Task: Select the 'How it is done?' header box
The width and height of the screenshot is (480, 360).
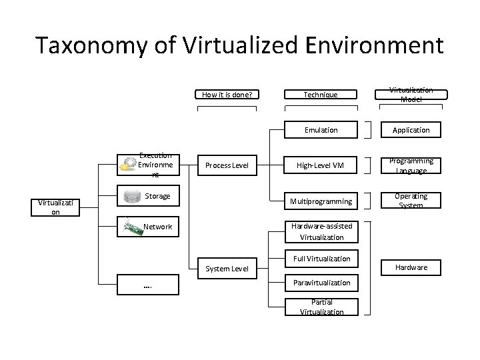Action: click(227, 95)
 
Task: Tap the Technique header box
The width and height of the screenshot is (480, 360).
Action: click(321, 95)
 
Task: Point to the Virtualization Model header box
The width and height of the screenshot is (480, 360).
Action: click(411, 95)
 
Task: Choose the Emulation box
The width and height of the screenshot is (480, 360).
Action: click(321, 130)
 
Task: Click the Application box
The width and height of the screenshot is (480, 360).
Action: click(411, 130)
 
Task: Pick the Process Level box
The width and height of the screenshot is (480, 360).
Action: click(227, 165)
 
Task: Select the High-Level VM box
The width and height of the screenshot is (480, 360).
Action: click(321, 165)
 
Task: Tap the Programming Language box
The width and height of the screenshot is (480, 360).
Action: click(411, 165)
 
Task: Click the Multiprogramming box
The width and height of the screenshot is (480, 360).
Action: click(321, 201)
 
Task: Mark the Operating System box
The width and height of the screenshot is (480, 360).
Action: click(411, 201)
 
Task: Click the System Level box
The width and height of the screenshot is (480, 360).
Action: click(227, 269)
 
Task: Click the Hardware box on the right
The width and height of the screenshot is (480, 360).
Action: click(411, 267)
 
